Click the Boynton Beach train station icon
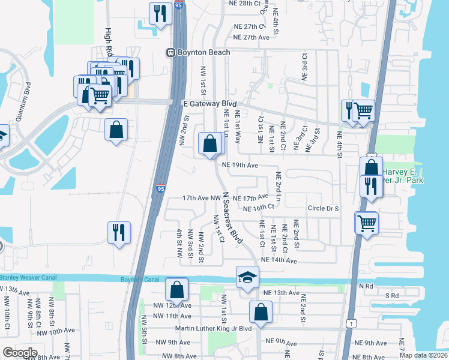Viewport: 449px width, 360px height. click(x=171, y=53)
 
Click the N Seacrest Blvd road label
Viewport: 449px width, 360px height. click(x=232, y=217)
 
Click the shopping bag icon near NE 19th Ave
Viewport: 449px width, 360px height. click(x=209, y=144)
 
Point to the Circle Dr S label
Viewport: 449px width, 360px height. click(x=324, y=208)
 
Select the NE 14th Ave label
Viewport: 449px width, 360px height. click(x=279, y=260)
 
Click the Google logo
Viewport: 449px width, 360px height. click(x=19, y=352)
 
